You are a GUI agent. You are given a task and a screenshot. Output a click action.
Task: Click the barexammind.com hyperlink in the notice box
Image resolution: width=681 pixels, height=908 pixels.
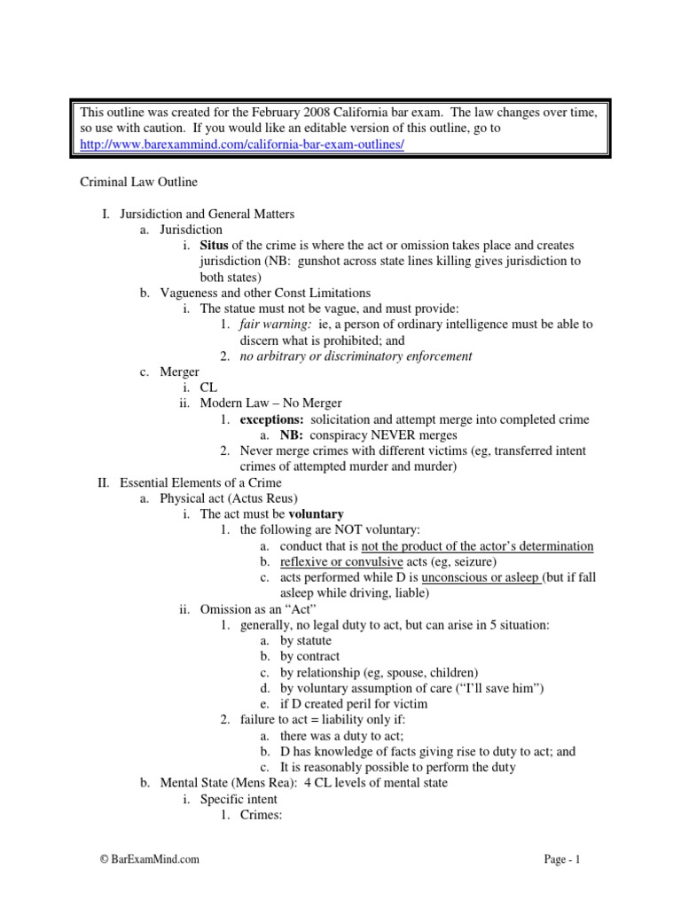242,145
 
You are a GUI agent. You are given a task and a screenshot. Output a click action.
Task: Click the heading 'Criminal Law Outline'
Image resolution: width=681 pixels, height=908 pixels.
139,182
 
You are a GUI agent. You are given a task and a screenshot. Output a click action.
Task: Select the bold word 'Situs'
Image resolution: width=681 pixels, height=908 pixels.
215,245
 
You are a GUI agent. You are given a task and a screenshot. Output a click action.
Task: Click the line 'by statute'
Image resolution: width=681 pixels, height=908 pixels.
306,641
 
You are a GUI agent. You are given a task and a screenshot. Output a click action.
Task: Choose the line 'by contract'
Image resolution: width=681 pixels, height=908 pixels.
309,657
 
